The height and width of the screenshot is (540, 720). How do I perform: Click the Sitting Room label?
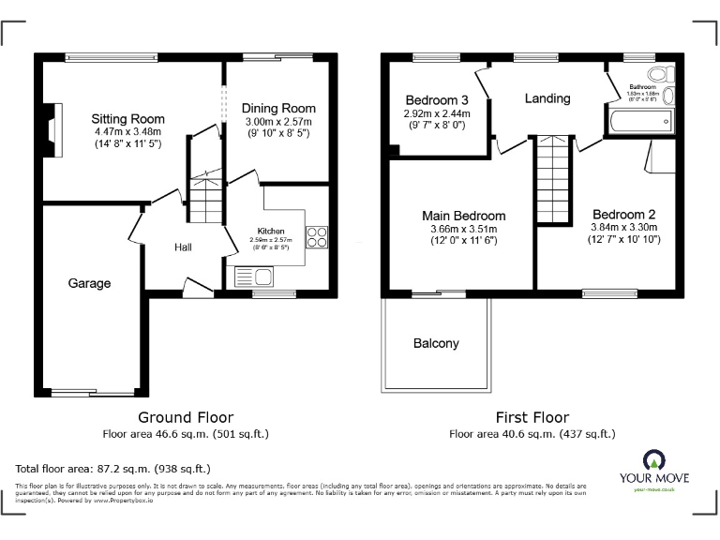(127, 119)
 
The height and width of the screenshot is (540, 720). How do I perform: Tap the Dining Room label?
(278, 108)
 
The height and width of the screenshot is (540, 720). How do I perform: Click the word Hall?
(183, 247)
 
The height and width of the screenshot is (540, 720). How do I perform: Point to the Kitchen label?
(271, 231)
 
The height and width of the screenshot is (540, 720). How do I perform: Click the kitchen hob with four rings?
(316, 238)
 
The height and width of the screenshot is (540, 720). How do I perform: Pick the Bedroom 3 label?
(437, 100)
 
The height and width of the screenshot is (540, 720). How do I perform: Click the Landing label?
(547, 98)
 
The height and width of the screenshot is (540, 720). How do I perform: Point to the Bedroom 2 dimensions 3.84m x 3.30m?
(623, 227)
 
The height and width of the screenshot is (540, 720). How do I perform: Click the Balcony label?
(436, 343)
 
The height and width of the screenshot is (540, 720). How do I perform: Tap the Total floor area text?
(113, 468)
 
